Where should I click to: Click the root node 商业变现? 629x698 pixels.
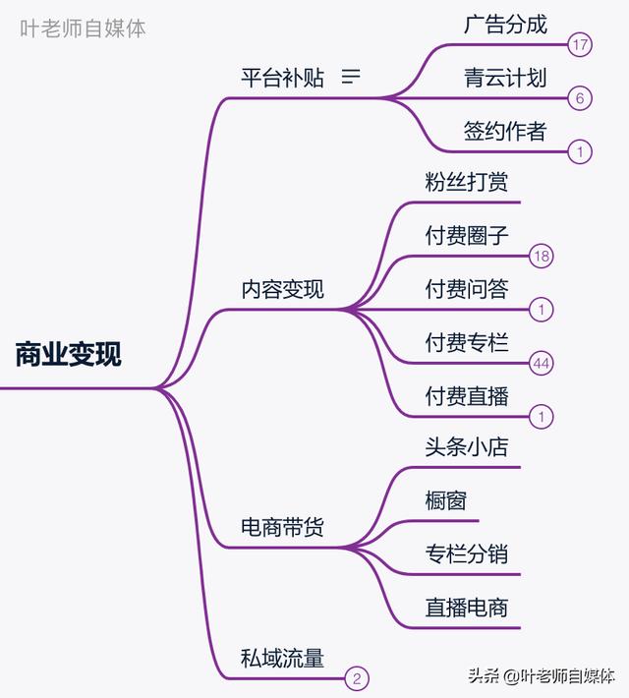68,354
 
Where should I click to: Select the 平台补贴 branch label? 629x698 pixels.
282,78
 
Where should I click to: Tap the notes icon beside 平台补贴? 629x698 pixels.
351,77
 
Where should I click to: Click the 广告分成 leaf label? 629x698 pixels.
505,25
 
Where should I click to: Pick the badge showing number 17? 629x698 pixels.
580,44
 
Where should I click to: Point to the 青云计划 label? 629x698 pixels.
505,78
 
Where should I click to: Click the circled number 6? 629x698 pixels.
580,98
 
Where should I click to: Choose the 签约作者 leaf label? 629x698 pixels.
505,131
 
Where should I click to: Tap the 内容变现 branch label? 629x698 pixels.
282,290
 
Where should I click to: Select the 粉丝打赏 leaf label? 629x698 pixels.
467,183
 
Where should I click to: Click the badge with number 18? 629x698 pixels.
542,257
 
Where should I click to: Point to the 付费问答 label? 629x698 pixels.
467,290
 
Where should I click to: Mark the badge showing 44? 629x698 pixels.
542,364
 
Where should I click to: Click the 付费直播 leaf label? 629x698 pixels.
467,397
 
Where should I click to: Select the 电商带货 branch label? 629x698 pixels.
282,528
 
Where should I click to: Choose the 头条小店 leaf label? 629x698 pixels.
467,447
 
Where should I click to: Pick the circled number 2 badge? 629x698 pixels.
357,678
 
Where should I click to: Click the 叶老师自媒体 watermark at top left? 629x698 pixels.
84,29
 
